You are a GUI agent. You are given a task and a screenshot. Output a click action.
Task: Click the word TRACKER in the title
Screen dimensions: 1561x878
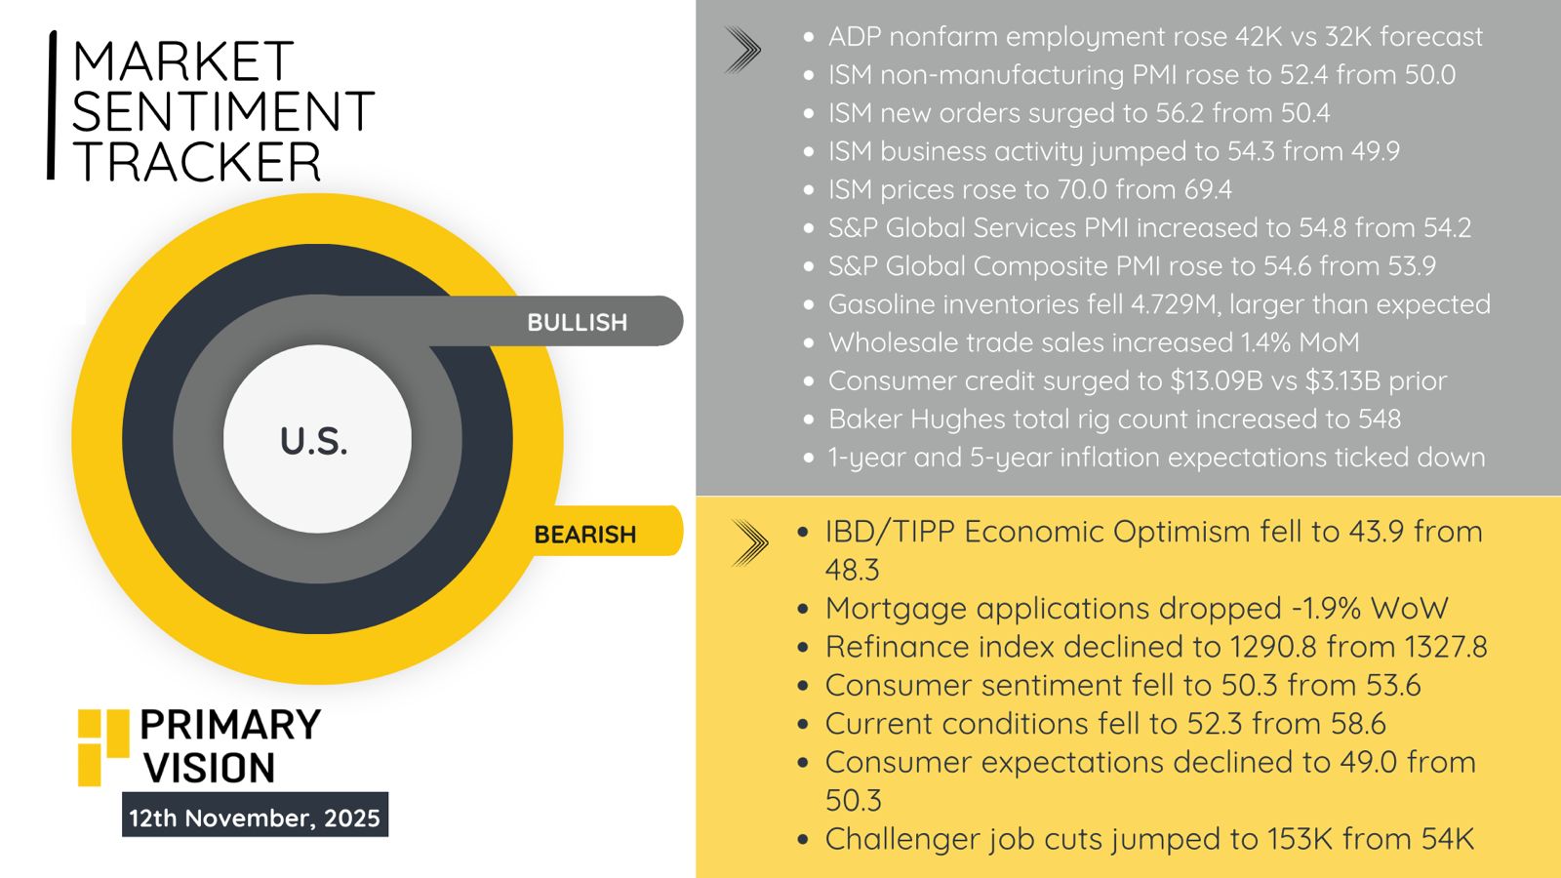pyautogui.click(x=196, y=162)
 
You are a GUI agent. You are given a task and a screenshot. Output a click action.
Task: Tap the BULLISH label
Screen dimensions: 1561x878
pyautogui.click(x=577, y=322)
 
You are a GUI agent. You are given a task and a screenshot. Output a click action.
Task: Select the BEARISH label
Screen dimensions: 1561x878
pyautogui.click(x=584, y=535)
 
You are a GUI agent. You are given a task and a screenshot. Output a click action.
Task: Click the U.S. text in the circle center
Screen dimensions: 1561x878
pyautogui.click(x=313, y=442)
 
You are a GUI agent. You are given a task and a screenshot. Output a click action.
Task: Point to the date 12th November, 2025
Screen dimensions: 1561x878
pyautogui.click(x=255, y=818)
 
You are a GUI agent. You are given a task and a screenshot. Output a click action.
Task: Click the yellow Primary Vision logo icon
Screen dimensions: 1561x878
pyautogui.click(x=103, y=747)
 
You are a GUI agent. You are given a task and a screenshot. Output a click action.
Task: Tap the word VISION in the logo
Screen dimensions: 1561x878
pyautogui.click(x=209, y=768)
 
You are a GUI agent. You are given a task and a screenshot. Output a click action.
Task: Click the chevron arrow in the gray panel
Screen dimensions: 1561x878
pyautogui.click(x=742, y=50)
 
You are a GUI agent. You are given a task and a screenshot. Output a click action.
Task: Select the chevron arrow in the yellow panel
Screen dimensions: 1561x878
pyautogui.click(x=750, y=542)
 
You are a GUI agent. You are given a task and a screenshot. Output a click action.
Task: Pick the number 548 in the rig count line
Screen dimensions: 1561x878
pyautogui.click(x=1380, y=419)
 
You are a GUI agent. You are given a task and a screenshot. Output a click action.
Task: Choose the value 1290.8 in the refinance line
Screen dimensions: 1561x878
pyautogui.click(x=1273, y=647)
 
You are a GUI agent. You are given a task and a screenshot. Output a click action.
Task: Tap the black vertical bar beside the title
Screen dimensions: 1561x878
pyautogui.click(x=51, y=105)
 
